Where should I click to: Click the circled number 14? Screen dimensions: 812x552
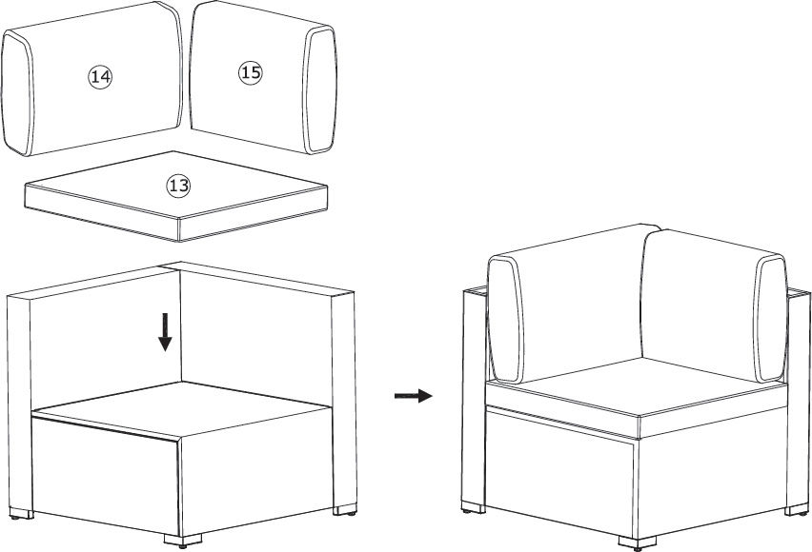coord(100,76)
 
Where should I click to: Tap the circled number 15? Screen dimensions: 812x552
coord(251,72)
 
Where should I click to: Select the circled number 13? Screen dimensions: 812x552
coord(178,186)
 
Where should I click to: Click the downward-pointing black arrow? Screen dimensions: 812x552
coord(165,331)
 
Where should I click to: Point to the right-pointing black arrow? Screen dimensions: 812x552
coord(414,396)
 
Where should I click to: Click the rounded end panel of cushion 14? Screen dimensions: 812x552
coord(17,93)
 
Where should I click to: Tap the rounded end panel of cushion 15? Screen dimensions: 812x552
coord(320,89)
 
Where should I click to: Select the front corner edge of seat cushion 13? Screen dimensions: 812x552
coord(178,229)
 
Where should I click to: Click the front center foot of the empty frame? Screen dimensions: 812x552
coord(183,541)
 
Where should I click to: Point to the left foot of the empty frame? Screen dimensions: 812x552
coord(21,513)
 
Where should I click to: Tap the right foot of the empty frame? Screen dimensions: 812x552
coord(344,509)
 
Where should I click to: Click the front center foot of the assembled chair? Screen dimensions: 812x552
coord(638,543)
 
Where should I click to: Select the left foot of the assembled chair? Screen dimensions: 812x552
coord(474,507)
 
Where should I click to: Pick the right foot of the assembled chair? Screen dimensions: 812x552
coord(797,509)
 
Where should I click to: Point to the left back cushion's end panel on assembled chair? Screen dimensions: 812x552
coord(505,320)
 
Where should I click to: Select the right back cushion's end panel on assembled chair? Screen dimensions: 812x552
coord(772,319)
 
